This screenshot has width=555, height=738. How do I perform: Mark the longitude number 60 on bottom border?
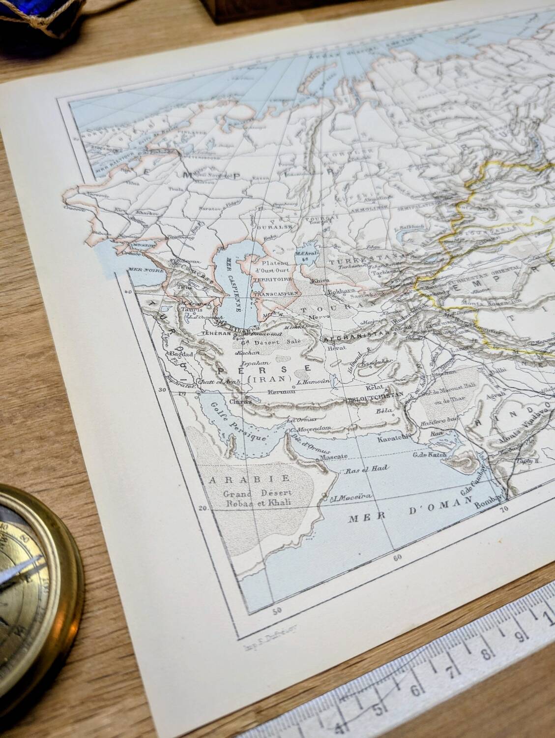tap(397, 557)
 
